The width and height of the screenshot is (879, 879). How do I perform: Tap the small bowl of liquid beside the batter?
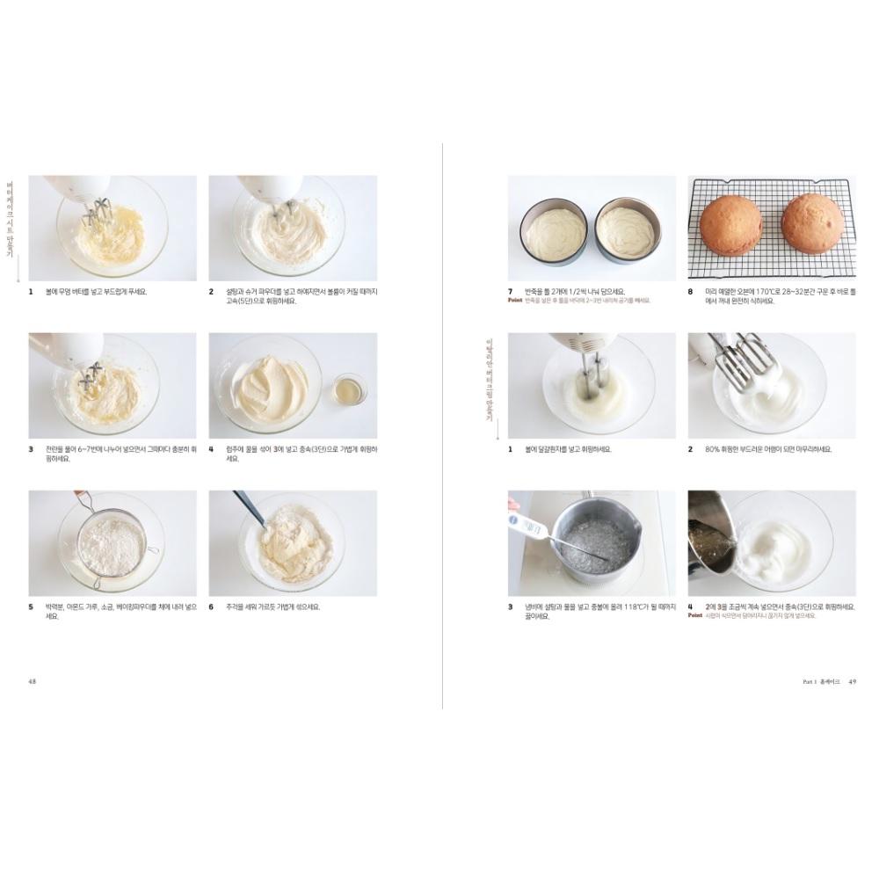click(x=350, y=388)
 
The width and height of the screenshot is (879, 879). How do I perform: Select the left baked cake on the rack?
click(x=730, y=224)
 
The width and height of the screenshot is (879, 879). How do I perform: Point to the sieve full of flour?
click(x=112, y=541)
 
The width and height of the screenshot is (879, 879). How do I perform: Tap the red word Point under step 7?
click(x=515, y=301)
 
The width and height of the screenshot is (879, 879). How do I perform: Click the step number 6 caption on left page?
click(x=211, y=607)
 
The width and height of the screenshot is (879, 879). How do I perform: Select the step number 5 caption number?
click(x=31, y=607)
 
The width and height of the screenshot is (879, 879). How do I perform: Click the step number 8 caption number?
click(x=691, y=291)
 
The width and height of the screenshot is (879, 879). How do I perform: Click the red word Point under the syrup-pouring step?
click(x=694, y=616)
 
